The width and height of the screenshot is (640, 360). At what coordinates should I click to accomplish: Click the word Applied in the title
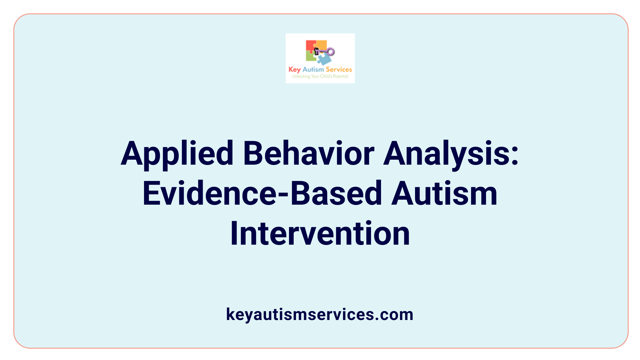tap(177, 154)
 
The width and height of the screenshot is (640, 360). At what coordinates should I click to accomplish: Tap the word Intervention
tap(320, 233)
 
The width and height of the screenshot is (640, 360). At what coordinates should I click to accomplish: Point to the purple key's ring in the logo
tap(331, 51)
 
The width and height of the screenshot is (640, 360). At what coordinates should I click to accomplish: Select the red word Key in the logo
tap(294, 70)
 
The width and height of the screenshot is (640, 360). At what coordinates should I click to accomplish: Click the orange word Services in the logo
tap(339, 69)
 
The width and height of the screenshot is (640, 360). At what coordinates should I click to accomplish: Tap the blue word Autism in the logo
tap(313, 69)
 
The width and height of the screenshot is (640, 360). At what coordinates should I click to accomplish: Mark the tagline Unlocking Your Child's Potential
tap(320, 76)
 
